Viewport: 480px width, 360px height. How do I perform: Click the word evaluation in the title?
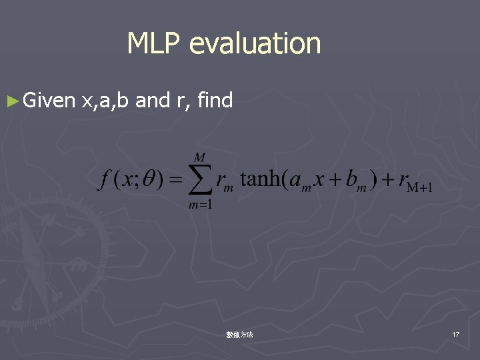pyautogui.click(x=255, y=44)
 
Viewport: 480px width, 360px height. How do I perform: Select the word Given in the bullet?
pyautogui.click(x=48, y=101)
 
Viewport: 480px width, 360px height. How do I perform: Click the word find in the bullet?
pyautogui.click(x=215, y=101)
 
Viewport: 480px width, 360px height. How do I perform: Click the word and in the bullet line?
pyautogui.click(x=153, y=101)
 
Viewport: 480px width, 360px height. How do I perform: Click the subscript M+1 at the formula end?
pyautogui.click(x=419, y=187)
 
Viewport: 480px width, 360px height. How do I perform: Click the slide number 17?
pyautogui.click(x=455, y=333)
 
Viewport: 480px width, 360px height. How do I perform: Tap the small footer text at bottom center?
pyautogui.click(x=239, y=334)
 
